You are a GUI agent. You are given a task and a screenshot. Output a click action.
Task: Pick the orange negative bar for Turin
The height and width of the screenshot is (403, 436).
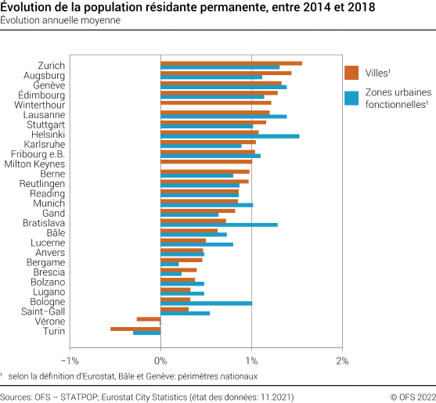tap(135, 329)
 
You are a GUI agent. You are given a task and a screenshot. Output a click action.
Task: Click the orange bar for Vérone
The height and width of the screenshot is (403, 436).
tap(149, 319)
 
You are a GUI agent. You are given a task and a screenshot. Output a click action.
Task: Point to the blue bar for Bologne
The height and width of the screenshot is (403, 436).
tap(206, 304)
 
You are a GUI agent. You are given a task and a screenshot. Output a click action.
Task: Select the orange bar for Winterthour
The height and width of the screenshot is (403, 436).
tap(215, 103)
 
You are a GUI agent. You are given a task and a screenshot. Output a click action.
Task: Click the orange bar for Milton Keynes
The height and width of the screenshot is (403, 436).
tap(206, 161)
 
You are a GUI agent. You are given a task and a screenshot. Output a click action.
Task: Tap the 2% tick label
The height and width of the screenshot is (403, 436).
tap(341, 360)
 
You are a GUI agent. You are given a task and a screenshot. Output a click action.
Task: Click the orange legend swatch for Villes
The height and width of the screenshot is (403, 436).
tap(351, 73)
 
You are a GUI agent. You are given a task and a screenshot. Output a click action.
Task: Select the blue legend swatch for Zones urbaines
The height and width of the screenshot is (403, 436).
tap(351, 98)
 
